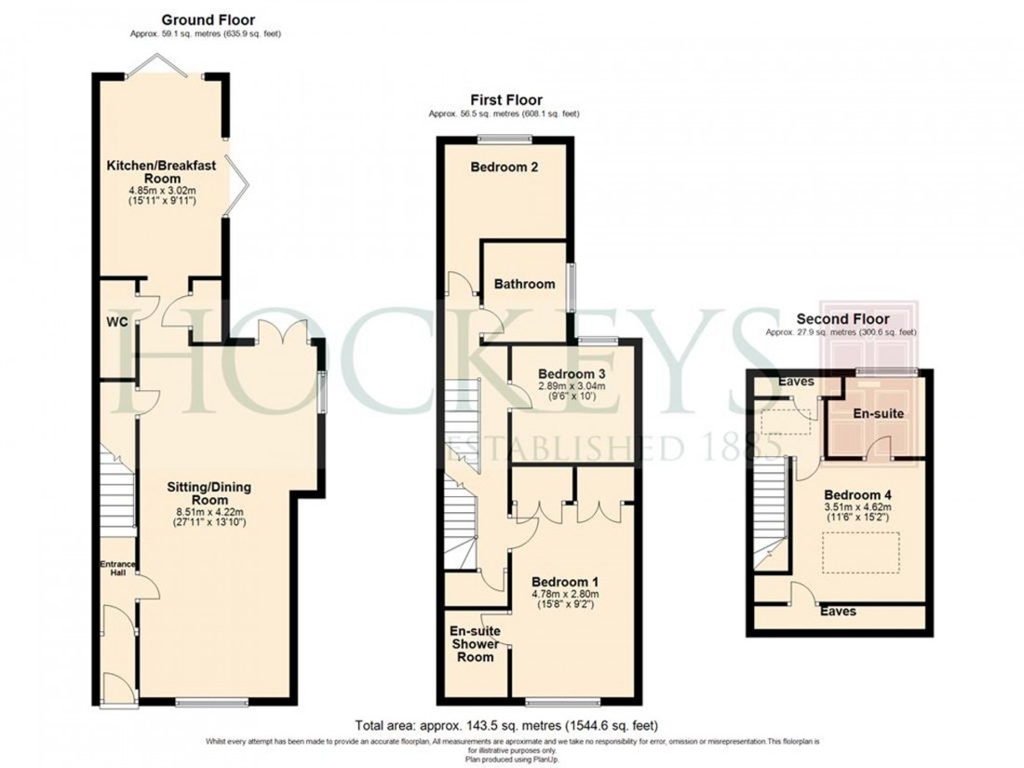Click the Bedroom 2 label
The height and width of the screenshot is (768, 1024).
(505, 168)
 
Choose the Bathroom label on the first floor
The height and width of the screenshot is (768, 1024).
(524, 284)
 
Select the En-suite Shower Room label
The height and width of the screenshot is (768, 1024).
(476, 643)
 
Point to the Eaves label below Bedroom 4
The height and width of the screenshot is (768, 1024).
(838, 612)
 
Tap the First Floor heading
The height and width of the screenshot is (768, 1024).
(506, 100)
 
